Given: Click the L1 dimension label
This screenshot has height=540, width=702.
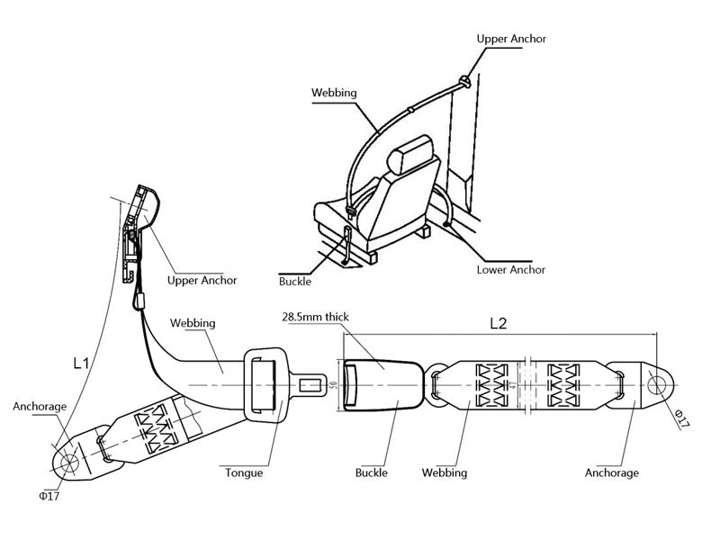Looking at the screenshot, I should pos(81,364).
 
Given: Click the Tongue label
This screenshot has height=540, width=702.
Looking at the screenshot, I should pos(244,472).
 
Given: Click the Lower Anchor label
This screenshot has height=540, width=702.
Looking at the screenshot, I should pos(511,269).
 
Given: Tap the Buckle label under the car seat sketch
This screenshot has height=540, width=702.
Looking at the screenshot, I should pos(295,282).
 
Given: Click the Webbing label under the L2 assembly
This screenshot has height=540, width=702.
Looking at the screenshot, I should pos(445,472).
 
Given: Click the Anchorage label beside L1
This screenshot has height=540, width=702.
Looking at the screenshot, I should pos(40,407).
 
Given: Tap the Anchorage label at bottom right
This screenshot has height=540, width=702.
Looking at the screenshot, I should pos(612,472).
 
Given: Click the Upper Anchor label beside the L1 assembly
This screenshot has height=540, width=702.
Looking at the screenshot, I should pos(202,280).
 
